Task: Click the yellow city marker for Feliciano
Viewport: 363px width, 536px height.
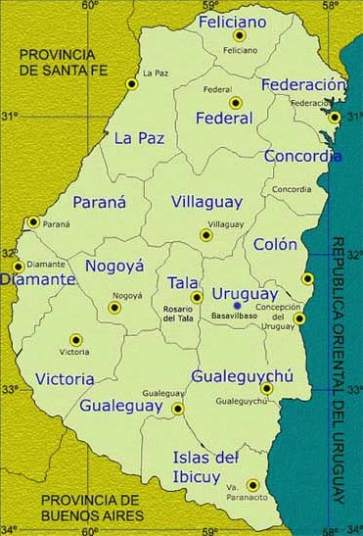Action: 240,35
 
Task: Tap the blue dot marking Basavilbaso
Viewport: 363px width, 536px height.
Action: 237,305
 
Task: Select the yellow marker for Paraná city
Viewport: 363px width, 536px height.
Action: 33,222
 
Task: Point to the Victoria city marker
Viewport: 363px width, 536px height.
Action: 75,339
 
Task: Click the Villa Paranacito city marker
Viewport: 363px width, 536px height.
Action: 253,484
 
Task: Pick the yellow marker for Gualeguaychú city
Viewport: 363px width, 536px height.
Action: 266,388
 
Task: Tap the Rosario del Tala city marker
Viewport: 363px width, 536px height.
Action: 197,297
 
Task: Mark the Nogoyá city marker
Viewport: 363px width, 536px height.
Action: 114,307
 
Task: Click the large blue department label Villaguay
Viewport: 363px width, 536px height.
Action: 205,202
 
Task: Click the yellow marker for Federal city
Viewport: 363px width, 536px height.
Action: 235,103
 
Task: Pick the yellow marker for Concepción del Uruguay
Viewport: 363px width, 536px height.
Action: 299,318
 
